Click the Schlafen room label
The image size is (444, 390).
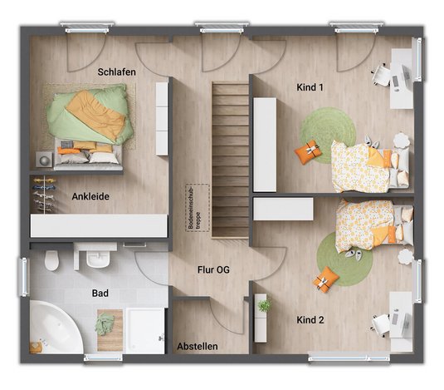(x=117, y=72)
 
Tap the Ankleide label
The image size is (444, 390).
(x=90, y=196)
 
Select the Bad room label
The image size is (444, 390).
(x=100, y=293)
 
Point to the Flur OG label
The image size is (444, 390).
(x=213, y=269)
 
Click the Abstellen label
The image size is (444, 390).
(x=198, y=346)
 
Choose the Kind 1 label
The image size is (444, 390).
(x=310, y=87)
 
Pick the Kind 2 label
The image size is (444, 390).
(x=310, y=320)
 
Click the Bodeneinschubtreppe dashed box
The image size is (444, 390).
(x=198, y=208)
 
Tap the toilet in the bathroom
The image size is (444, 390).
(x=51, y=259)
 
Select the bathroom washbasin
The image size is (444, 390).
(x=98, y=258)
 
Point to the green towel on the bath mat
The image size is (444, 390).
(x=105, y=324)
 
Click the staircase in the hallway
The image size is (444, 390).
(x=230, y=160)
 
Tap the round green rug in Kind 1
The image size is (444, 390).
(x=328, y=135)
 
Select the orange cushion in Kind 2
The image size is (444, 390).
(x=326, y=279)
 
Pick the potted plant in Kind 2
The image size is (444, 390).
(x=264, y=305)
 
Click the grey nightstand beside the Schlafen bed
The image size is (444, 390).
(x=44, y=159)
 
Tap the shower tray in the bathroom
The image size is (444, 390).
(x=145, y=331)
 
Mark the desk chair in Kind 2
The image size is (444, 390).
(x=381, y=323)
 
